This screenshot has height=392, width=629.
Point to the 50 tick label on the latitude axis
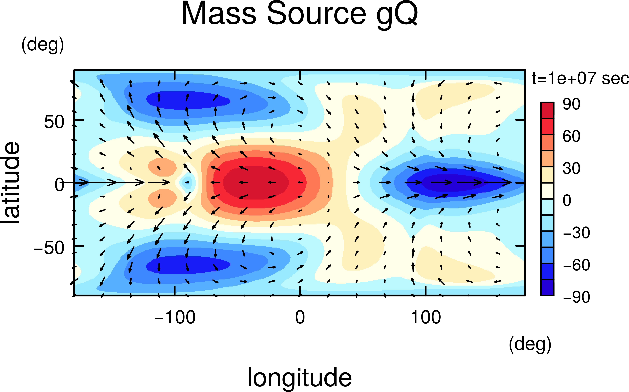54,122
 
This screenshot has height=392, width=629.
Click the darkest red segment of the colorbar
547,110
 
